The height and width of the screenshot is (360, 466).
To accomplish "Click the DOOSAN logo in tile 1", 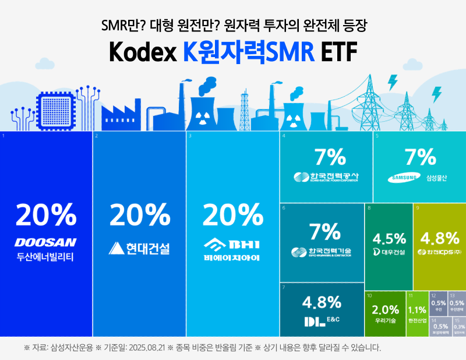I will (46, 242).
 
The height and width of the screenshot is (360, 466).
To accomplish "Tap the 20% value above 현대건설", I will (139, 216).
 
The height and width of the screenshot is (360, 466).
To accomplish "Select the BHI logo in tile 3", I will (232, 243).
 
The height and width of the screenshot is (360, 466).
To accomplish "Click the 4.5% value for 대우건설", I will (389, 239).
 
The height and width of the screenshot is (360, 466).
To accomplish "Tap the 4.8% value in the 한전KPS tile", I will (439, 238).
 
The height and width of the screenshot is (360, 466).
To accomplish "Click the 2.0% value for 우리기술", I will (385, 310).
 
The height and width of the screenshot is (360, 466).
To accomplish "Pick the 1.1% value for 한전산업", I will (418, 310).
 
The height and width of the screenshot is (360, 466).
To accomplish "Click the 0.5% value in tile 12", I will (439, 303).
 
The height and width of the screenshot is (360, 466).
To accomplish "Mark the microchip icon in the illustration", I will (54, 110).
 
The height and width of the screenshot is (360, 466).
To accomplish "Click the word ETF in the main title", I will (338, 52).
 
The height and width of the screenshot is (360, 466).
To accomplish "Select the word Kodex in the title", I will (142, 52).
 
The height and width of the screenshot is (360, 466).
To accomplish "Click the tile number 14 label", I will (433, 320).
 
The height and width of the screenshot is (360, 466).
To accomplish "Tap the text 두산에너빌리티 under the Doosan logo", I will (46, 256).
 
